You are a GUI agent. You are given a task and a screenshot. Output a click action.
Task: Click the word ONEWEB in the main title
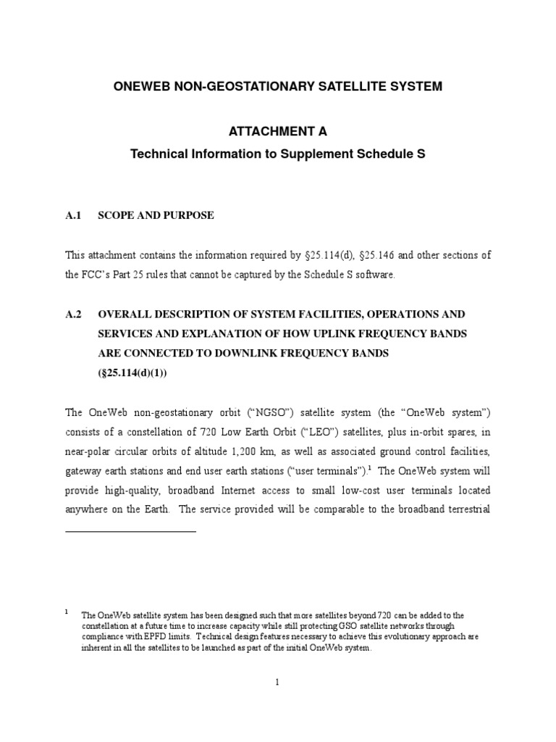(140, 87)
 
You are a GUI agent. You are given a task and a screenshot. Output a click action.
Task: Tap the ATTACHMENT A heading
(278, 132)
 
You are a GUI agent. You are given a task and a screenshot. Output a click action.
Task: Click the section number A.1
(75, 215)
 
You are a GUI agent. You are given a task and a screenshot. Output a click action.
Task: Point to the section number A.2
(75, 314)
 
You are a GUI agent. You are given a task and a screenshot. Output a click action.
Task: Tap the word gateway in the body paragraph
(85, 471)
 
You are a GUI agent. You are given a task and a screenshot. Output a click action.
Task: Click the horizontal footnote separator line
(131, 531)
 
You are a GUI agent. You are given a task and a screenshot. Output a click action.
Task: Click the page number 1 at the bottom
(278, 682)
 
